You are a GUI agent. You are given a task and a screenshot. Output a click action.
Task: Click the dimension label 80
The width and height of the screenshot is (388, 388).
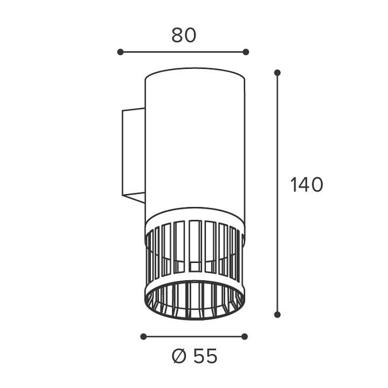click(x=184, y=35)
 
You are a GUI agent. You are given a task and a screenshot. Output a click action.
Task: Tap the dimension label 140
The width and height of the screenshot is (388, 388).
click(x=307, y=185)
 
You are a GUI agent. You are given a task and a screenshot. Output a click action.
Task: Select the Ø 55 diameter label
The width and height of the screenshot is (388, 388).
click(x=195, y=356)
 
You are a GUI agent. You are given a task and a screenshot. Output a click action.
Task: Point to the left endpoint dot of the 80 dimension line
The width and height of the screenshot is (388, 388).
click(x=120, y=52)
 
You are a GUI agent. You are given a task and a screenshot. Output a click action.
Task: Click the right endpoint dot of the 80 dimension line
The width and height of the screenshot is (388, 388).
click(x=246, y=52)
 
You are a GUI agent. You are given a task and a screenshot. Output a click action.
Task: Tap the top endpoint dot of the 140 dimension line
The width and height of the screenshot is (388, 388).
click(x=278, y=73)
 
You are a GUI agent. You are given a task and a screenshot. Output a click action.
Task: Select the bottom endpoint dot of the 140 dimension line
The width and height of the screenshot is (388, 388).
click(x=278, y=315)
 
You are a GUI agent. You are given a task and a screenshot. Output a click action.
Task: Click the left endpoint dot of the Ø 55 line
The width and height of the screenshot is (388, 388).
click(x=143, y=336)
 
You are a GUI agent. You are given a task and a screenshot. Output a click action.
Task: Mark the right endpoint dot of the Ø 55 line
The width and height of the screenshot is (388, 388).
click(x=245, y=336)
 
